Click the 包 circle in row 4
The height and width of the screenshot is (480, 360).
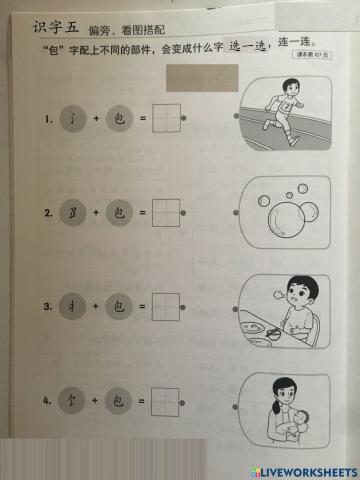point(119,402)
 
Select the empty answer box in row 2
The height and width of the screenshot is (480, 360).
point(165,213)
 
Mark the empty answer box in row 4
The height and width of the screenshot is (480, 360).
point(165,402)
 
